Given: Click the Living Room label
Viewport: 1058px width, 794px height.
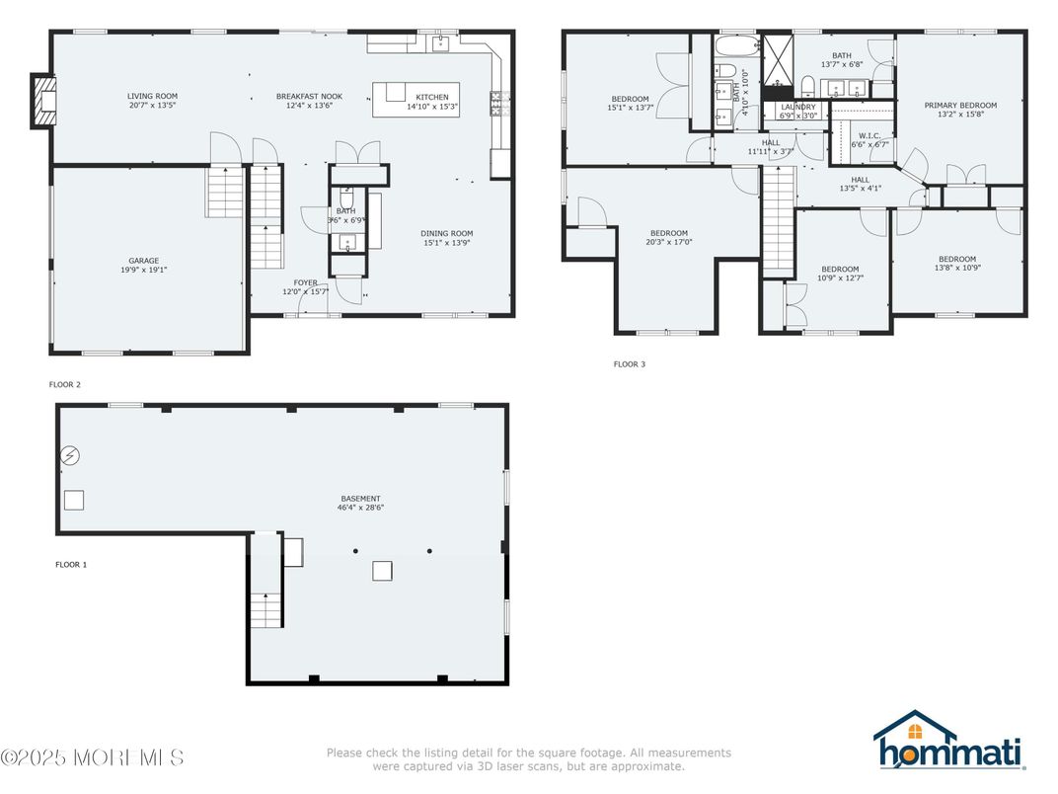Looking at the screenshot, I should tap(152, 96).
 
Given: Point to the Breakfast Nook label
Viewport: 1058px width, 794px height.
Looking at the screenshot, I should tap(304, 96).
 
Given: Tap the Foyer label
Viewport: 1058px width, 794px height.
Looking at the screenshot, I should tap(305, 282).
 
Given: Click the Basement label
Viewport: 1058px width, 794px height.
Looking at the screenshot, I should tap(360, 499).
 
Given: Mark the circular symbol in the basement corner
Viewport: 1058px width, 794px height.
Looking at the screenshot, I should tap(70, 455).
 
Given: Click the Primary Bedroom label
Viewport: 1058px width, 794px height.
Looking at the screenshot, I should tap(959, 105).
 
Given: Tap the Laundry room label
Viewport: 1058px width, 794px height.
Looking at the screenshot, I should tap(797, 107).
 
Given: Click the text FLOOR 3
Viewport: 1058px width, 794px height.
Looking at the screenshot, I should tap(629, 364).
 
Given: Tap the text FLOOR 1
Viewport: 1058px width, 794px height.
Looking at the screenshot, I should tap(71, 565).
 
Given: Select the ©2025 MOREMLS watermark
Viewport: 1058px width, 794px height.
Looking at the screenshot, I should tap(92, 758).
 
